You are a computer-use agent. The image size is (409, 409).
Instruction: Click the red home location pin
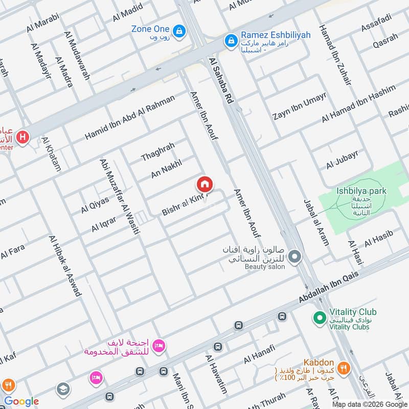(204, 184)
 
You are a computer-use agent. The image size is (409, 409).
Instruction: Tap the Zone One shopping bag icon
(179, 32)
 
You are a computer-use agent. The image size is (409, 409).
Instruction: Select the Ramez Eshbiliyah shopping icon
(231, 39)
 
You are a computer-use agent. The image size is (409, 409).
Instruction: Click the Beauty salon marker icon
(294, 257)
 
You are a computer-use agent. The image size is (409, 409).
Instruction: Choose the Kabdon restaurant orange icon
(344, 368)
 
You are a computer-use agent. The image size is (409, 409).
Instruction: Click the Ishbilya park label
(361, 191)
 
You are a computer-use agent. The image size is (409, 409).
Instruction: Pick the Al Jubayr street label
(342, 160)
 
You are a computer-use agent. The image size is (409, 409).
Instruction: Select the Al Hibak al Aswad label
(65, 265)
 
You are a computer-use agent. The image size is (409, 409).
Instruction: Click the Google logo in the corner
(21, 401)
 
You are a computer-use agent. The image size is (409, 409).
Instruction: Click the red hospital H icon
(22, 137)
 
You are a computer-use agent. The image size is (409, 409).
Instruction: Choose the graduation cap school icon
(63, 389)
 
